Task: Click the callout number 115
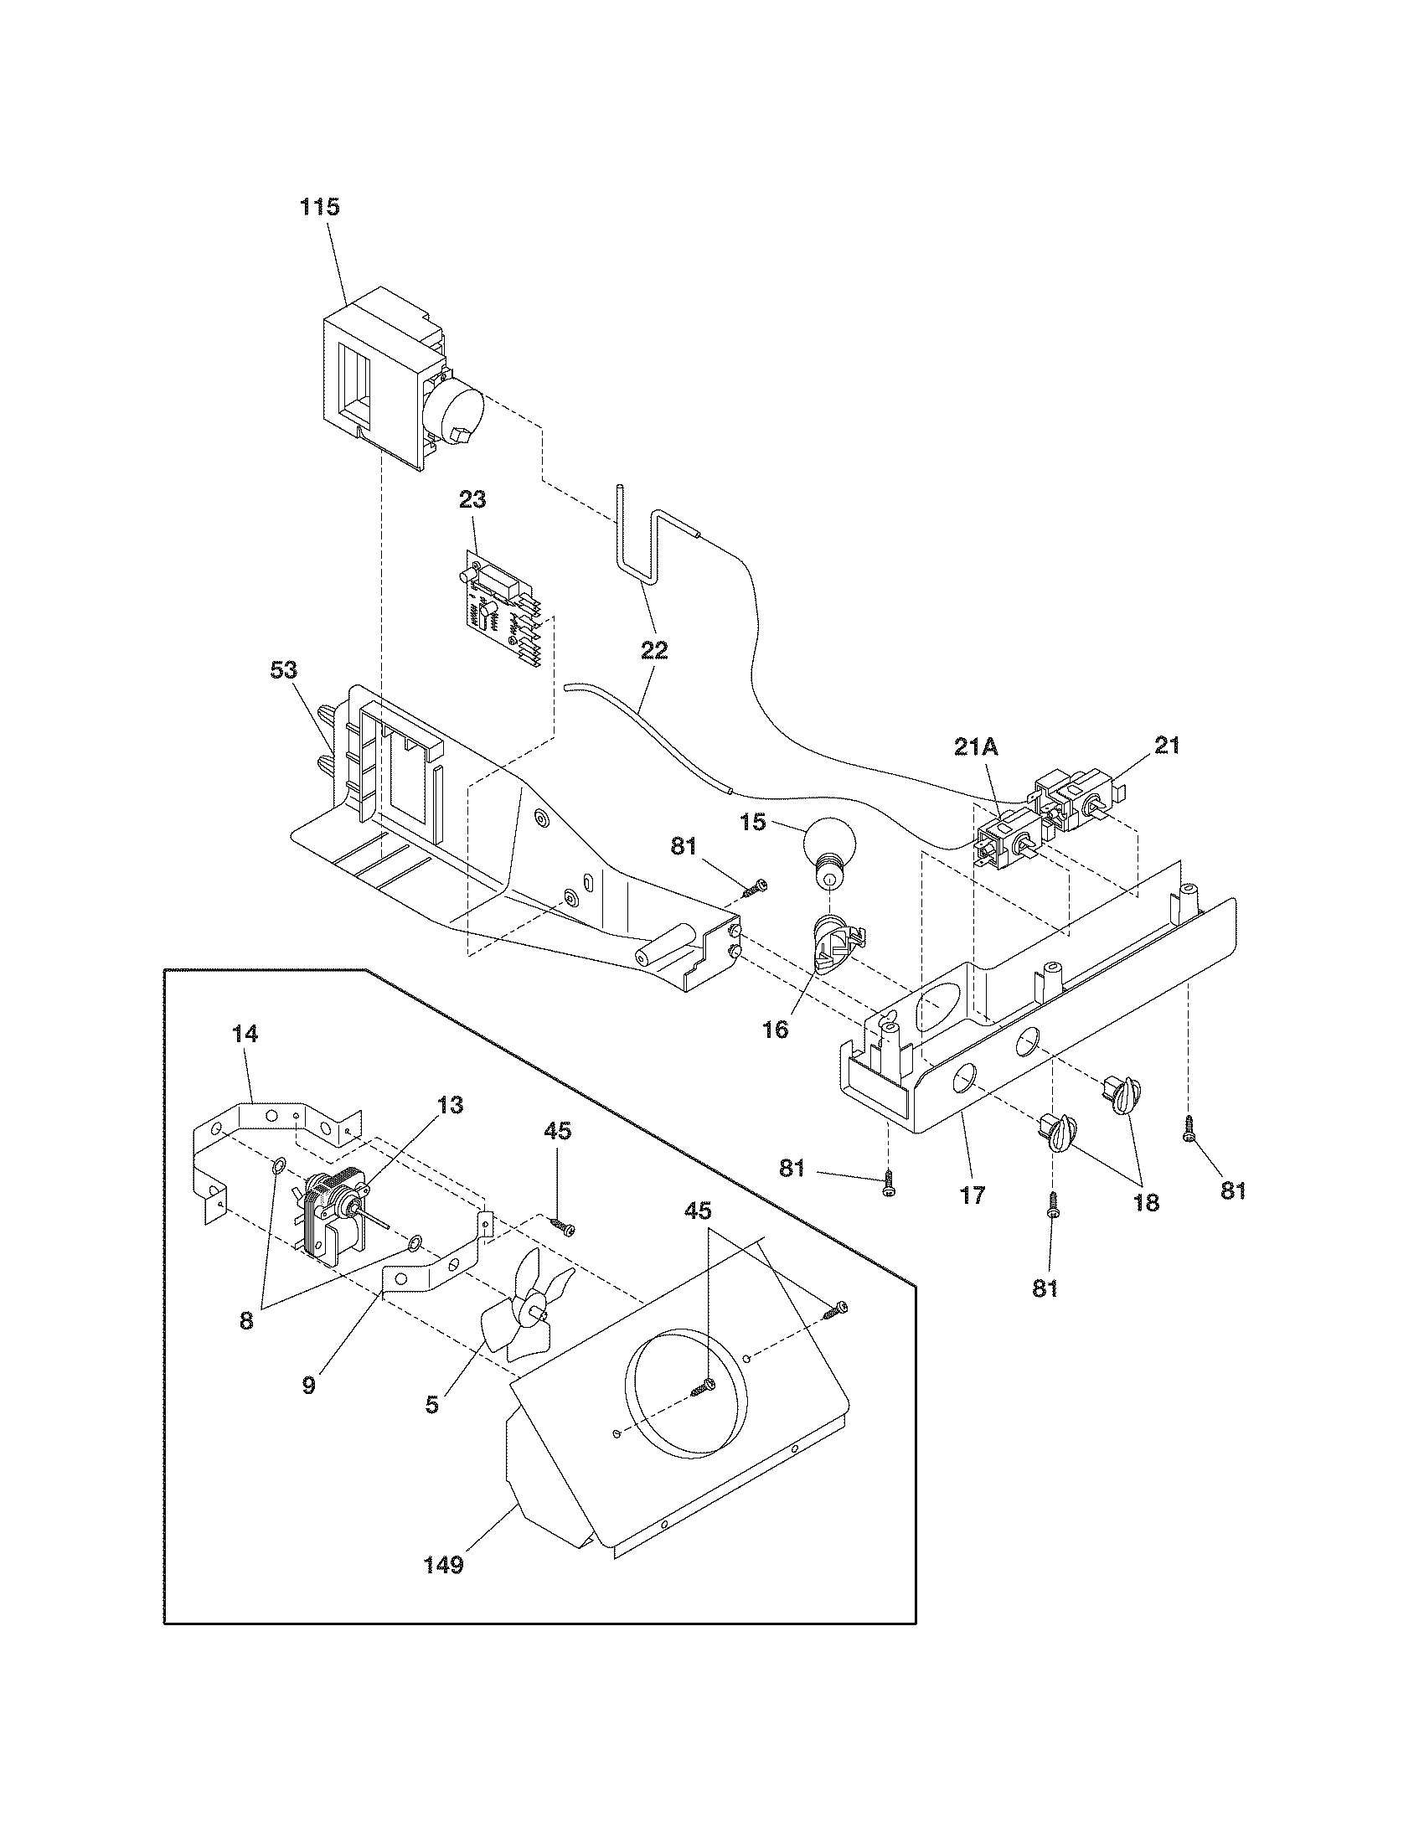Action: [320, 208]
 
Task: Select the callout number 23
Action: [472, 499]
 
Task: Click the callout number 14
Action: [245, 1033]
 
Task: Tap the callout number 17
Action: [973, 1195]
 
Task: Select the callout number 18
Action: [1146, 1202]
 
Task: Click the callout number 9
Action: [309, 1385]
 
